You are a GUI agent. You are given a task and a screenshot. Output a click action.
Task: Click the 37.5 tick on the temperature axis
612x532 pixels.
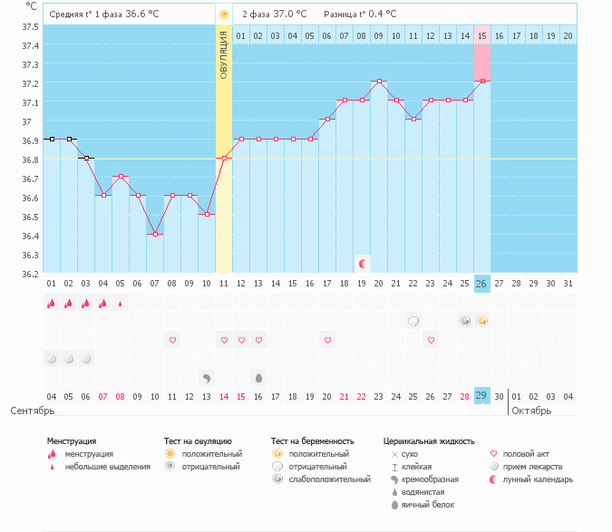click(31, 26)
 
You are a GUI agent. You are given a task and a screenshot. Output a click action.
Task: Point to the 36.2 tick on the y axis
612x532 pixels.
click(31, 274)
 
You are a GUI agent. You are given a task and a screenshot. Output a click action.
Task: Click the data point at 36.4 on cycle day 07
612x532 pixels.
click(155, 235)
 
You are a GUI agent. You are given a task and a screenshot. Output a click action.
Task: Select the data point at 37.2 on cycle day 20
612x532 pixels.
click(379, 82)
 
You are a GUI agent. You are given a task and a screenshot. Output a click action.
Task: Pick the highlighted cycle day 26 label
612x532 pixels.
click(482, 284)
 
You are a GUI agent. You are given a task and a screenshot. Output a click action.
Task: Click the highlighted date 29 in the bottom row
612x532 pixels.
click(482, 396)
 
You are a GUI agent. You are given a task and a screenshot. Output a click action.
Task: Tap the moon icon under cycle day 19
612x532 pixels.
click(362, 264)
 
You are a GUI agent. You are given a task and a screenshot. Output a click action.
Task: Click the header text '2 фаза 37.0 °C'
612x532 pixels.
click(274, 15)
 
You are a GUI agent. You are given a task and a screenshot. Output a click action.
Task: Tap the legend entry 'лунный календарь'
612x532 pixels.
click(539, 479)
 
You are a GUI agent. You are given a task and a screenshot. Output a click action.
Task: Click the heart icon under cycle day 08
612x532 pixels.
click(172, 340)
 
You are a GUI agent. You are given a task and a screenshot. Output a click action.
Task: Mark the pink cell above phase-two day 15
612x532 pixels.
click(482, 63)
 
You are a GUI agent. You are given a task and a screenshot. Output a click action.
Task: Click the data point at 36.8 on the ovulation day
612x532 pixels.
click(224, 159)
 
